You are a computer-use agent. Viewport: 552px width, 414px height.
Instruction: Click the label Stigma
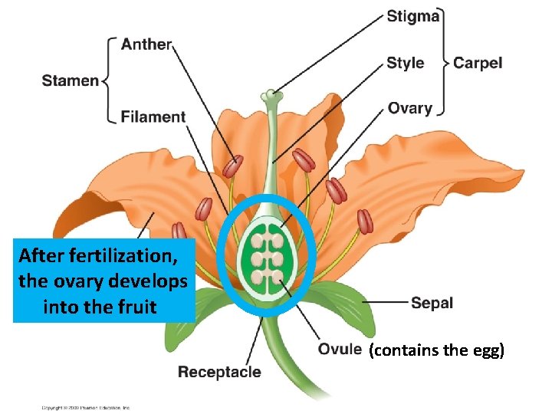pyautogui.click(x=413, y=16)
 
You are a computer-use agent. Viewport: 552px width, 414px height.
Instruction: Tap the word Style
pyautogui.click(x=406, y=63)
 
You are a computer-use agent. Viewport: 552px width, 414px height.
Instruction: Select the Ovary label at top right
pyautogui.click(x=409, y=108)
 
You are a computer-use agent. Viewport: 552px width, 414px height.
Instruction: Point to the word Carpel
pyautogui.click(x=478, y=63)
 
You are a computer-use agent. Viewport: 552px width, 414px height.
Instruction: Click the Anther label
pyautogui.click(x=146, y=44)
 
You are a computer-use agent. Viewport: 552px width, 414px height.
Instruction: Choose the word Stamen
pyautogui.click(x=70, y=80)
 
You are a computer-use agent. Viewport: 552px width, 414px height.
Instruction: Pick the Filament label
pyautogui.click(x=153, y=117)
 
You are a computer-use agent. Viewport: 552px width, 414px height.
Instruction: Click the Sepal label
pyautogui.click(x=432, y=303)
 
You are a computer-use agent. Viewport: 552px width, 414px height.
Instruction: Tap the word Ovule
pyautogui.click(x=340, y=350)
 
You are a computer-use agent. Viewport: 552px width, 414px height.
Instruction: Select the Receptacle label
pyautogui.click(x=219, y=373)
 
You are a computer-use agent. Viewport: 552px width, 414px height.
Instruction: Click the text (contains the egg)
pyautogui.click(x=436, y=351)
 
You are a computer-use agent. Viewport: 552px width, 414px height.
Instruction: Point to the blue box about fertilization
pyautogui.click(x=103, y=281)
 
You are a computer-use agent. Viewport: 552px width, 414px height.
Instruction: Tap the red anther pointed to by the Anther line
pyautogui.click(x=232, y=166)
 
